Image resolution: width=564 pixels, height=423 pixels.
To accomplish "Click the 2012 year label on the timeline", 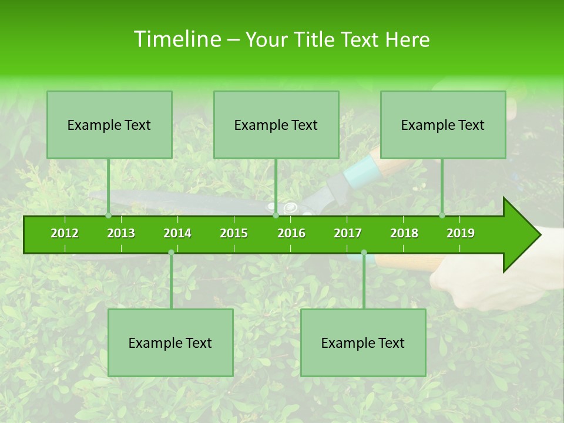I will pyautogui.click(x=65, y=233).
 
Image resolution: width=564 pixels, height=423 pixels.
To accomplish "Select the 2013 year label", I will pyautogui.click(x=121, y=233).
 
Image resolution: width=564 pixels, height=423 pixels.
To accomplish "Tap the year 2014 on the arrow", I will pyautogui.click(x=177, y=233).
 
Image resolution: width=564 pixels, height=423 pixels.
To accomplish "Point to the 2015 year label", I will pyautogui.click(x=234, y=233).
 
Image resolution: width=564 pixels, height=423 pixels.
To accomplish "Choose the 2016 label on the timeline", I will pyautogui.click(x=291, y=233).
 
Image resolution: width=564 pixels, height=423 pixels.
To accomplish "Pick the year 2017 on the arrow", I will pyautogui.click(x=348, y=233).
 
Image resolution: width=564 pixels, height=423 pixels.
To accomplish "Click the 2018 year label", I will pyautogui.click(x=404, y=233).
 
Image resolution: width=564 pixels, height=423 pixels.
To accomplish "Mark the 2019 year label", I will pyautogui.click(x=461, y=233).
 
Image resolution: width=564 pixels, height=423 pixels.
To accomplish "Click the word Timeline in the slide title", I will pyautogui.click(x=176, y=39).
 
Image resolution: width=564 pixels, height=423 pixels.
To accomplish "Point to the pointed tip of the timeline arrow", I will pyautogui.click(x=539, y=235).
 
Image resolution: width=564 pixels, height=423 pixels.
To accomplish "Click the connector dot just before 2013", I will pyautogui.click(x=109, y=216).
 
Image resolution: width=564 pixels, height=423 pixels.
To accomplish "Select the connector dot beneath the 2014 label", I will pyautogui.click(x=171, y=253).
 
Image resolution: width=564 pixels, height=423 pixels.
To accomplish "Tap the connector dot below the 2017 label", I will pyautogui.click(x=364, y=253).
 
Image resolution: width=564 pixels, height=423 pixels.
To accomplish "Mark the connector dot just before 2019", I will pyautogui.click(x=442, y=216).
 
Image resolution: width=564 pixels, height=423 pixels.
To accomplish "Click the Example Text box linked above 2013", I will pyautogui.click(x=109, y=125).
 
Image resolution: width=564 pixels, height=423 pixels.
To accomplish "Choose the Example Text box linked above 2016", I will pyautogui.click(x=276, y=125).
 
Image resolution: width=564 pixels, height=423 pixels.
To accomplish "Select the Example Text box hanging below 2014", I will pyautogui.click(x=170, y=343).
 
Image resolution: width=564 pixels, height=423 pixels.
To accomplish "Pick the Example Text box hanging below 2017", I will pyautogui.click(x=363, y=343).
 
